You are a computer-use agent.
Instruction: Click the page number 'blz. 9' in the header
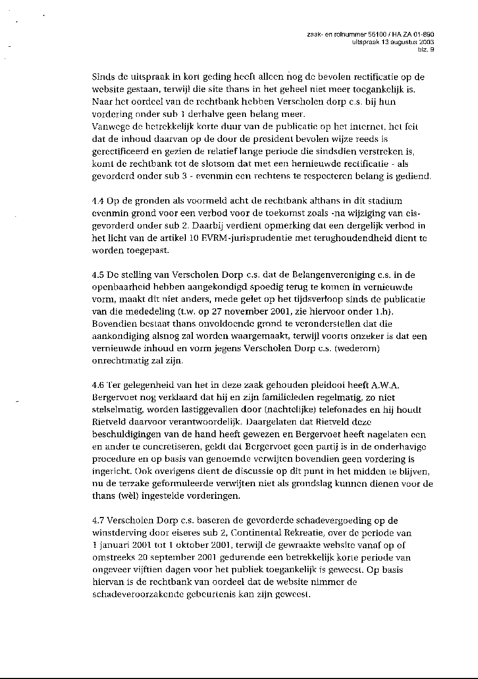coord(427,49)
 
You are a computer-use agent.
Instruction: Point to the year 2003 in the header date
coord(426,42)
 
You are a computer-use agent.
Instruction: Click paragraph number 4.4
coord(98,201)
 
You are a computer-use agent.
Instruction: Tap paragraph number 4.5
coord(98,275)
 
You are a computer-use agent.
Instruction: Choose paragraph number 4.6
coord(98,385)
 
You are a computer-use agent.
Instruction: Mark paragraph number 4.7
coord(98,521)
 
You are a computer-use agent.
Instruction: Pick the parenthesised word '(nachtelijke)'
coord(252,410)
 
